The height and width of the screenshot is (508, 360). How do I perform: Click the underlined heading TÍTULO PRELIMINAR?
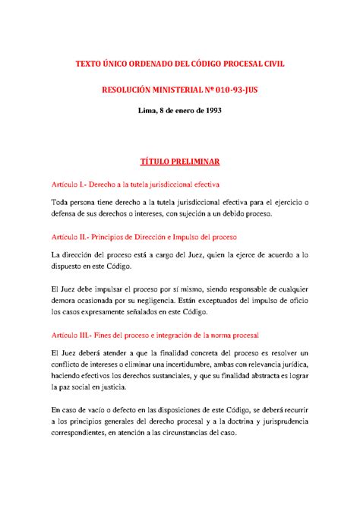[179, 162]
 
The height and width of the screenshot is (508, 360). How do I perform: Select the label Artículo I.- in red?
[71, 184]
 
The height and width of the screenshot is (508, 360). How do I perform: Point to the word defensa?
[68, 213]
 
